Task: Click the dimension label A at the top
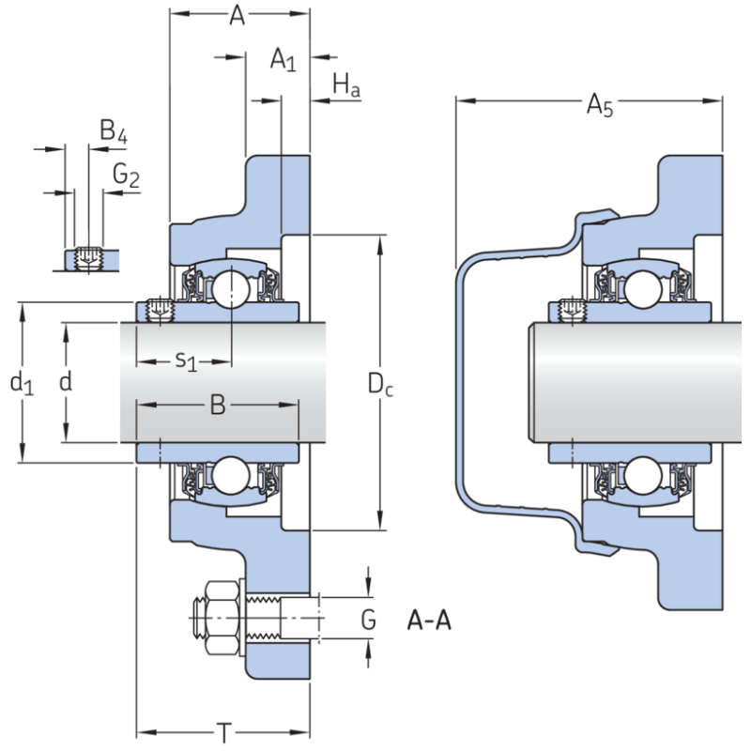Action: click(238, 16)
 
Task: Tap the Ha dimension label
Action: click(346, 87)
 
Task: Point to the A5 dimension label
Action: click(600, 106)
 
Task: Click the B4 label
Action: click(114, 132)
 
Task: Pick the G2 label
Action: click(126, 175)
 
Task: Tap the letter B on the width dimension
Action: click(217, 406)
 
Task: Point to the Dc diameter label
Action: click(379, 383)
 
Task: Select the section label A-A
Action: click(429, 621)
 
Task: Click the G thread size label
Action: click(369, 621)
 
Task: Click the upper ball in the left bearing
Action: click(227, 288)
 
